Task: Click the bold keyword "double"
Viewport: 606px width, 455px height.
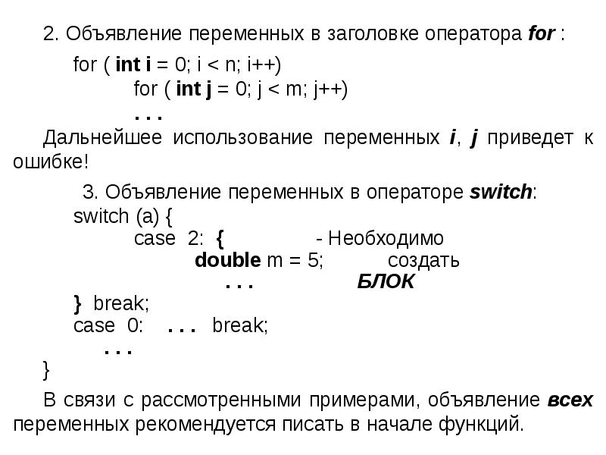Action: point(228,261)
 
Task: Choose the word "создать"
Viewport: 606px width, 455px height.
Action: point(423,261)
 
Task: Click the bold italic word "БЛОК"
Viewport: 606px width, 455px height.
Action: point(386,283)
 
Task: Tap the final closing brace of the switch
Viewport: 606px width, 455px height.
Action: point(47,369)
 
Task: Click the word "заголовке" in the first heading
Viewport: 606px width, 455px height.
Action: point(364,35)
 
